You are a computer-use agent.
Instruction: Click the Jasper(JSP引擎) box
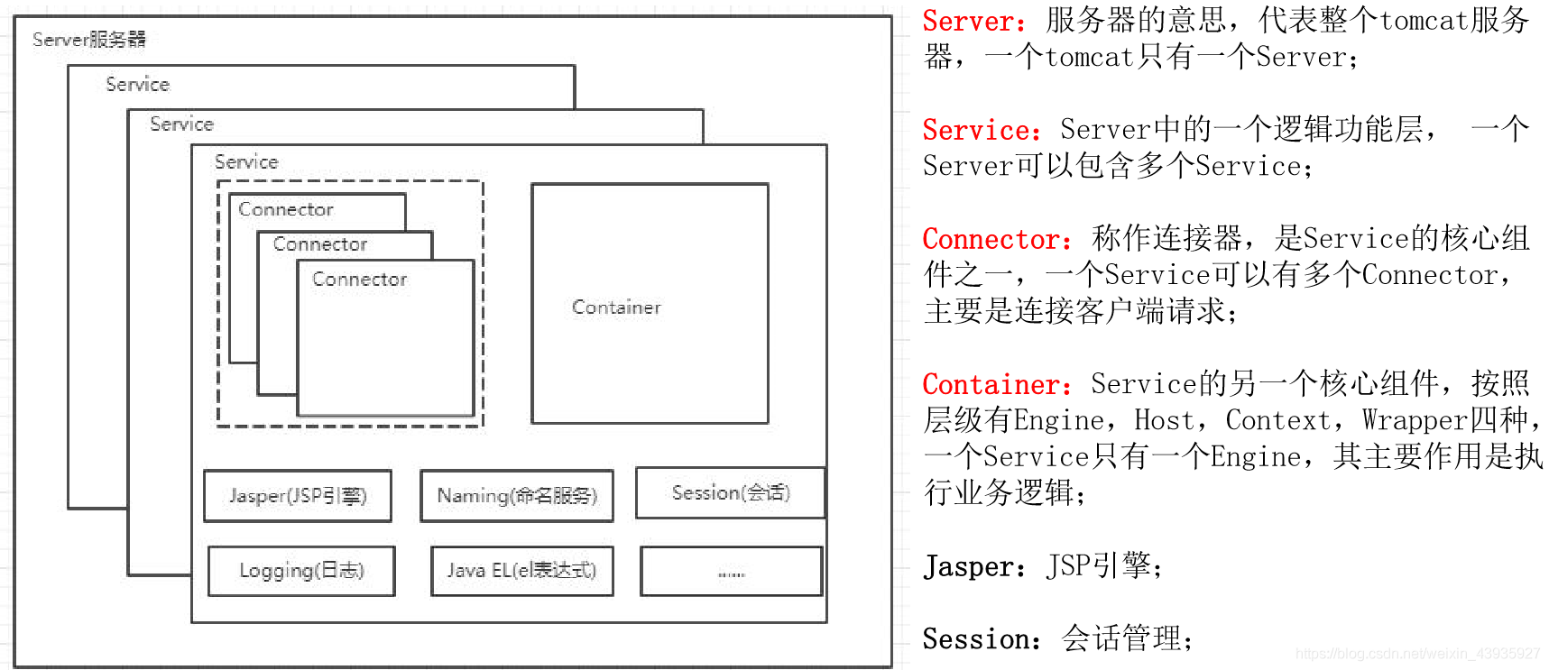(298, 496)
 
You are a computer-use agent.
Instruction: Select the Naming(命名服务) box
(517, 496)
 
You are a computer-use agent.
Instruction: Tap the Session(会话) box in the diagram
(731, 493)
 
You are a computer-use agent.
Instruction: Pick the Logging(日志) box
(301, 571)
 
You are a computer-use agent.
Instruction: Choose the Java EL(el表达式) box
(522, 571)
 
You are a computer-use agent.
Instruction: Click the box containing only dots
(732, 572)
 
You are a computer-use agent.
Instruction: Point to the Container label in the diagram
(616, 307)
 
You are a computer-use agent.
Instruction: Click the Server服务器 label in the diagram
(89, 40)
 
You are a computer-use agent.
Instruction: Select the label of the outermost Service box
(137, 85)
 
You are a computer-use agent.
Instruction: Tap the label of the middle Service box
(181, 124)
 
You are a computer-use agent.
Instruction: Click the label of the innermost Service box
(246, 162)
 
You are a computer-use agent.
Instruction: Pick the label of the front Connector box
(359, 280)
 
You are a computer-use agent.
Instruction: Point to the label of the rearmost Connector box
(286, 209)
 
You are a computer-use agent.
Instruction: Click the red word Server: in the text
(973, 22)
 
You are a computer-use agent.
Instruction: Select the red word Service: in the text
(982, 131)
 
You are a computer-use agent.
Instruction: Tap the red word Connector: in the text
(997, 240)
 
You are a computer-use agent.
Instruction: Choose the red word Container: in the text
(997, 385)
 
